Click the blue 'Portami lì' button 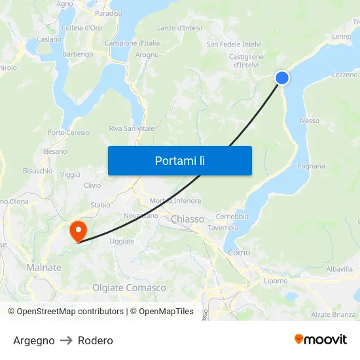[179, 160]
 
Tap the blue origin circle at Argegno [282, 78]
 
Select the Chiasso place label [187, 219]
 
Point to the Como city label [239, 252]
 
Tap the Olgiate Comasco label [129, 287]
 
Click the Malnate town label [44, 267]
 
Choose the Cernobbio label [232, 216]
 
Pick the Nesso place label [310, 120]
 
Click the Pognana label [311, 166]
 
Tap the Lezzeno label [344, 75]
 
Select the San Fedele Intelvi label [234, 44]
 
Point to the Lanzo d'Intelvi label [179, 28]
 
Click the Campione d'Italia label [132, 43]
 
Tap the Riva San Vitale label [132, 128]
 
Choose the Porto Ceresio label [69, 132]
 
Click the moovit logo [320, 339]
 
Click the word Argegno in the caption [34, 340]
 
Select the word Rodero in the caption [96, 340]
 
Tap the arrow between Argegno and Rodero [66, 340]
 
